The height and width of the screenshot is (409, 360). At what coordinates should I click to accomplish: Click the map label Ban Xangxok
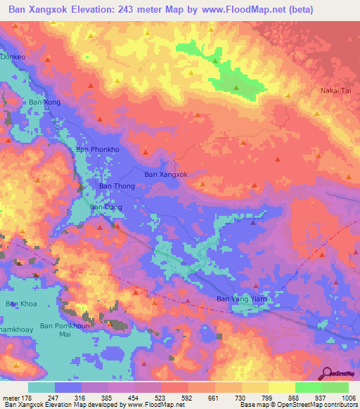165,174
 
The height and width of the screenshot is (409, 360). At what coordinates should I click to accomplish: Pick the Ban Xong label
44,102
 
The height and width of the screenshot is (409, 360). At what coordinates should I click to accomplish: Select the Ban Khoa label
20,304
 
